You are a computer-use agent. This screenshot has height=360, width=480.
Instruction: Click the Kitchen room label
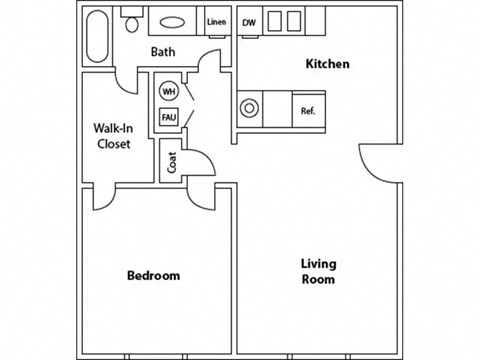(x=328, y=65)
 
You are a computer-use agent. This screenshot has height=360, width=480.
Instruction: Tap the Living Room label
(x=319, y=271)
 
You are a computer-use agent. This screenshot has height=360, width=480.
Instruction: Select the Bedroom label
(x=153, y=275)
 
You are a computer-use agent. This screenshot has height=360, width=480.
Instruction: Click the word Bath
(x=164, y=53)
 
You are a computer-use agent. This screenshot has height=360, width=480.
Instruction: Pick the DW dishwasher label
(x=249, y=21)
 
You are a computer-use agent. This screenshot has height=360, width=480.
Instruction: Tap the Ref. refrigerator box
(x=308, y=110)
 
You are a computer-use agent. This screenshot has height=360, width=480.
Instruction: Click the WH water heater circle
(x=167, y=91)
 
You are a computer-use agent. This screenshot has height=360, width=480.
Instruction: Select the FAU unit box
(x=167, y=117)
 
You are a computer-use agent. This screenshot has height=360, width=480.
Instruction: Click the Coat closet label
(x=171, y=161)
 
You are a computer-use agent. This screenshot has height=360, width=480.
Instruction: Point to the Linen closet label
(x=216, y=21)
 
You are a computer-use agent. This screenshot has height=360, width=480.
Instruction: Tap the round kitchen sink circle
(x=249, y=109)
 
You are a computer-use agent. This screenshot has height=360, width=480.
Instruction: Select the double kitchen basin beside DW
(x=285, y=21)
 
